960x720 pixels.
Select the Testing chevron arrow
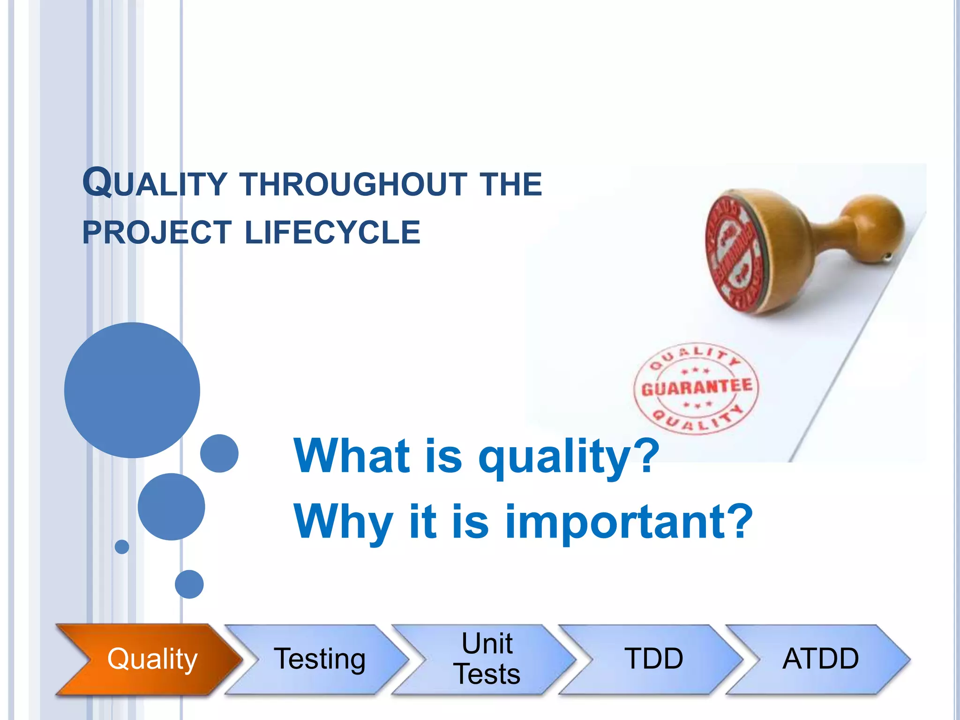point(319,659)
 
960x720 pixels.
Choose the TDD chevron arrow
point(653,659)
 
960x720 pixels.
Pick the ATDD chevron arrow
point(820,659)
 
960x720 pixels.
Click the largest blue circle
point(132,390)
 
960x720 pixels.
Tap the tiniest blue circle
point(122,547)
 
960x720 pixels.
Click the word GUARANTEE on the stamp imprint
point(697,387)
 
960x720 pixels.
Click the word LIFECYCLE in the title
point(333,232)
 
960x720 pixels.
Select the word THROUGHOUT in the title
point(354,184)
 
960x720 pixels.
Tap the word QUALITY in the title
point(155,183)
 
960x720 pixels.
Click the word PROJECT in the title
point(157,232)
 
